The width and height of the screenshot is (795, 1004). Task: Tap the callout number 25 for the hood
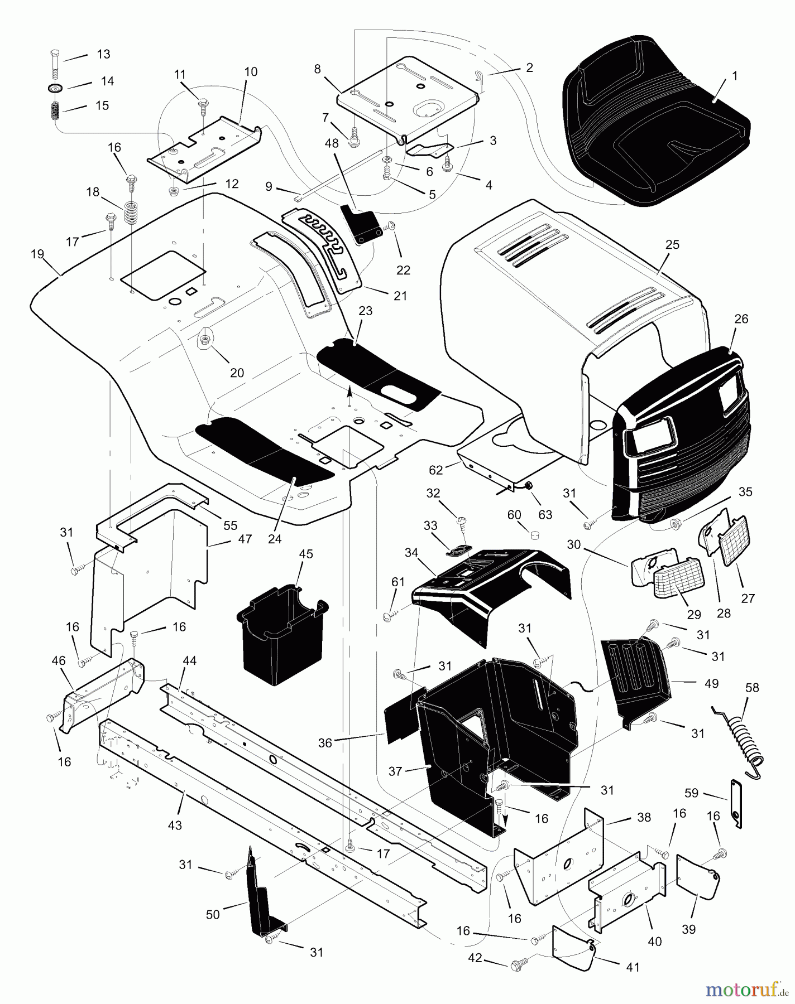672,245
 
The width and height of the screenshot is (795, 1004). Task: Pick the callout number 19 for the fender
37,254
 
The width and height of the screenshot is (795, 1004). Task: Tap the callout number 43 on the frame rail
175,825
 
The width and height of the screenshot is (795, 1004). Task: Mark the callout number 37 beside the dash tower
395,771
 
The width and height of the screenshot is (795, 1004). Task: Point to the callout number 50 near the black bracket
213,914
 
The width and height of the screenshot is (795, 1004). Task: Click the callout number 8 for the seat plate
317,69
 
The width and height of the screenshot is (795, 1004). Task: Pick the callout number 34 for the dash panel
411,553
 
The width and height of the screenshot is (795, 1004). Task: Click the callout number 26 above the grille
741,319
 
